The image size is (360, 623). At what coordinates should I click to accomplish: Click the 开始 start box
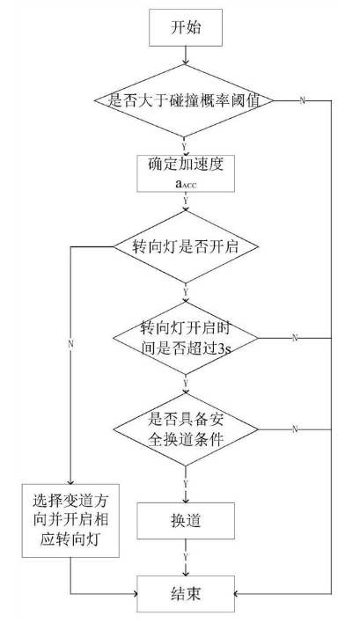pos(186,27)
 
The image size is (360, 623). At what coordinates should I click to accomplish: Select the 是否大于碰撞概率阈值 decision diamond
pos(184,100)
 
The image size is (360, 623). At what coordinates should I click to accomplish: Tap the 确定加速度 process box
pos(186,173)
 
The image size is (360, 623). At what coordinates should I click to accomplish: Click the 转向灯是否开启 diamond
pos(186,246)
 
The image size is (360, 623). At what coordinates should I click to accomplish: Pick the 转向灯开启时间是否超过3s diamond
pos(186,338)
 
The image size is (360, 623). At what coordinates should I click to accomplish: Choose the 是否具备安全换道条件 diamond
pos(186,429)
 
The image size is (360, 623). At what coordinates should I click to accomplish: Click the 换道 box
pos(186,521)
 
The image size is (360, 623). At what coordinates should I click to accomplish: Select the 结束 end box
pos(186,594)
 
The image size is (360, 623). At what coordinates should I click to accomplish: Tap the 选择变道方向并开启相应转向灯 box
pos(70,521)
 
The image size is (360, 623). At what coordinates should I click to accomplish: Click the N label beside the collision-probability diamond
pos(303,100)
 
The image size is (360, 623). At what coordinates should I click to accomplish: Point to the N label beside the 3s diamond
pos(295,338)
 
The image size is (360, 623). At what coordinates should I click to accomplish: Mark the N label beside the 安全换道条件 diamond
pos(295,429)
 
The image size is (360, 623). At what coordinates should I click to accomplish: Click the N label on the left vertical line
pos(70,344)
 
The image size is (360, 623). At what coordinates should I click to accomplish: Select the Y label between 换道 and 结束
pos(185,557)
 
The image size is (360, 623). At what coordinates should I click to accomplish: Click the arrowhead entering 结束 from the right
pos(237,594)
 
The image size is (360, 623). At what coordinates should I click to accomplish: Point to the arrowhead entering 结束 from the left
pos(135,594)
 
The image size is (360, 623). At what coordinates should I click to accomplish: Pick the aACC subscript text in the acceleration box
pos(186,184)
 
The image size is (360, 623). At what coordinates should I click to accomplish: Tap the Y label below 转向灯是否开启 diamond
pos(185,291)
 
